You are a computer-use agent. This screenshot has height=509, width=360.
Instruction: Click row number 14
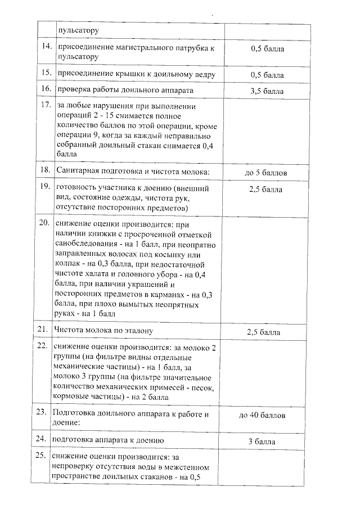click(x=46, y=48)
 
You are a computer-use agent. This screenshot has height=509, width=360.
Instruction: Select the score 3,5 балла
click(x=267, y=91)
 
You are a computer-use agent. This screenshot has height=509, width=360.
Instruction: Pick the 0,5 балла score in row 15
click(x=267, y=75)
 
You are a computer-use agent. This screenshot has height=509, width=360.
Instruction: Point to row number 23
click(x=46, y=412)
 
